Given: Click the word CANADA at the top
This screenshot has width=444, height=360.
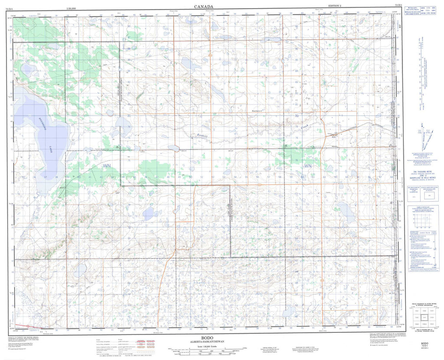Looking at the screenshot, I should (203, 6).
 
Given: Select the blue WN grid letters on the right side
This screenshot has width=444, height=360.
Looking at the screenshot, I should (308, 166).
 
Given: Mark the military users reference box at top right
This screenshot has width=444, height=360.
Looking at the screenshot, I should (420, 11).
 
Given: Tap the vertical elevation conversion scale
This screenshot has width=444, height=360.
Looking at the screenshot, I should (420, 74).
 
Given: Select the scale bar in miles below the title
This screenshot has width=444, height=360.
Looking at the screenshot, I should (204, 349).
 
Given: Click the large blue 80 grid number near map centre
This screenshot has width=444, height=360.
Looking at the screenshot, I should (297, 116).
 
